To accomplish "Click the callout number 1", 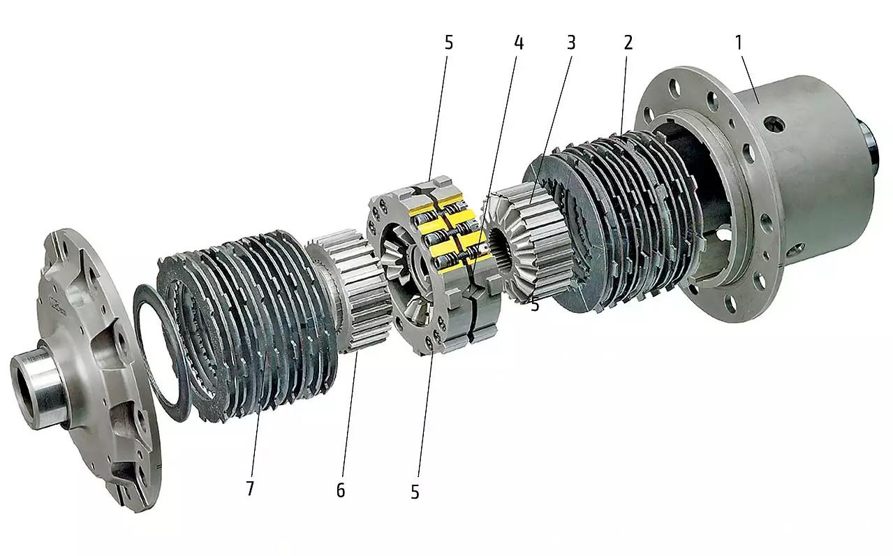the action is (738, 43).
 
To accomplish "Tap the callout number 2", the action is (628, 43).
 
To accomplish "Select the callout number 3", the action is (571, 43).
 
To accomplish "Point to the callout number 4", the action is (519, 43).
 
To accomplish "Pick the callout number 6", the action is (341, 490).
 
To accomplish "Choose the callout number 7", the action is (250, 488).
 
